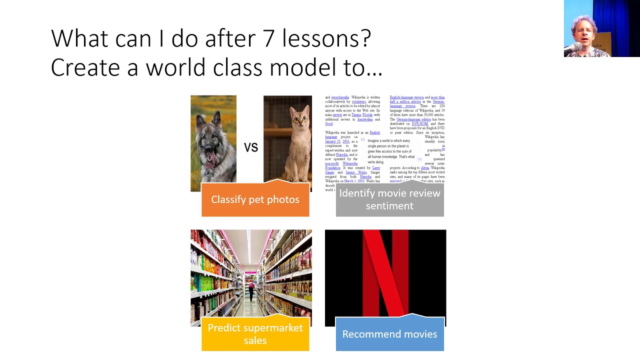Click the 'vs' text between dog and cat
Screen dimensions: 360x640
click(x=250, y=147)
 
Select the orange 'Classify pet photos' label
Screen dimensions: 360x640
click(x=255, y=199)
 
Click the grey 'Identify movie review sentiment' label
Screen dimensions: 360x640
click(x=389, y=199)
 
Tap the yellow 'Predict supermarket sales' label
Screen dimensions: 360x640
click(x=255, y=333)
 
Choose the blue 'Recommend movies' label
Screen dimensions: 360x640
click(x=389, y=334)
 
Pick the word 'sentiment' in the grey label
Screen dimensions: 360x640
click(x=389, y=206)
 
